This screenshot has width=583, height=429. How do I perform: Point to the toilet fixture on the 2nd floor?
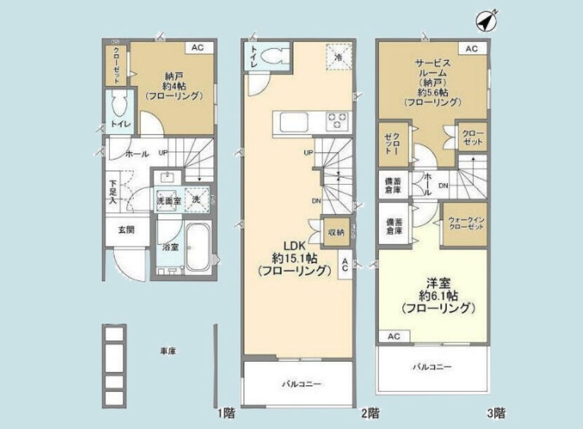pyautogui.click(x=276, y=57)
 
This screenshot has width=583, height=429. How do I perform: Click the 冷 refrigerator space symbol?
pyautogui.click(x=339, y=57)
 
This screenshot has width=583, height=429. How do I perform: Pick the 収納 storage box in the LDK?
pyautogui.click(x=334, y=232)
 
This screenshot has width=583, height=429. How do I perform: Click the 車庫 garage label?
pyautogui.click(x=167, y=352)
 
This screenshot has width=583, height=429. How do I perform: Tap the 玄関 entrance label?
pyautogui.click(x=126, y=231)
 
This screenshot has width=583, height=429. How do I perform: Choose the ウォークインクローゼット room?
pyautogui.click(x=465, y=224)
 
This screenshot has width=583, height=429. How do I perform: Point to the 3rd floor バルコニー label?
pyautogui.click(x=432, y=367)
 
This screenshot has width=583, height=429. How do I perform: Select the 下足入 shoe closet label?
pyautogui.click(x=113, y=192)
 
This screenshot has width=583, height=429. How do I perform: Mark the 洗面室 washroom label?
pyautogui.click(x=169, y=201)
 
